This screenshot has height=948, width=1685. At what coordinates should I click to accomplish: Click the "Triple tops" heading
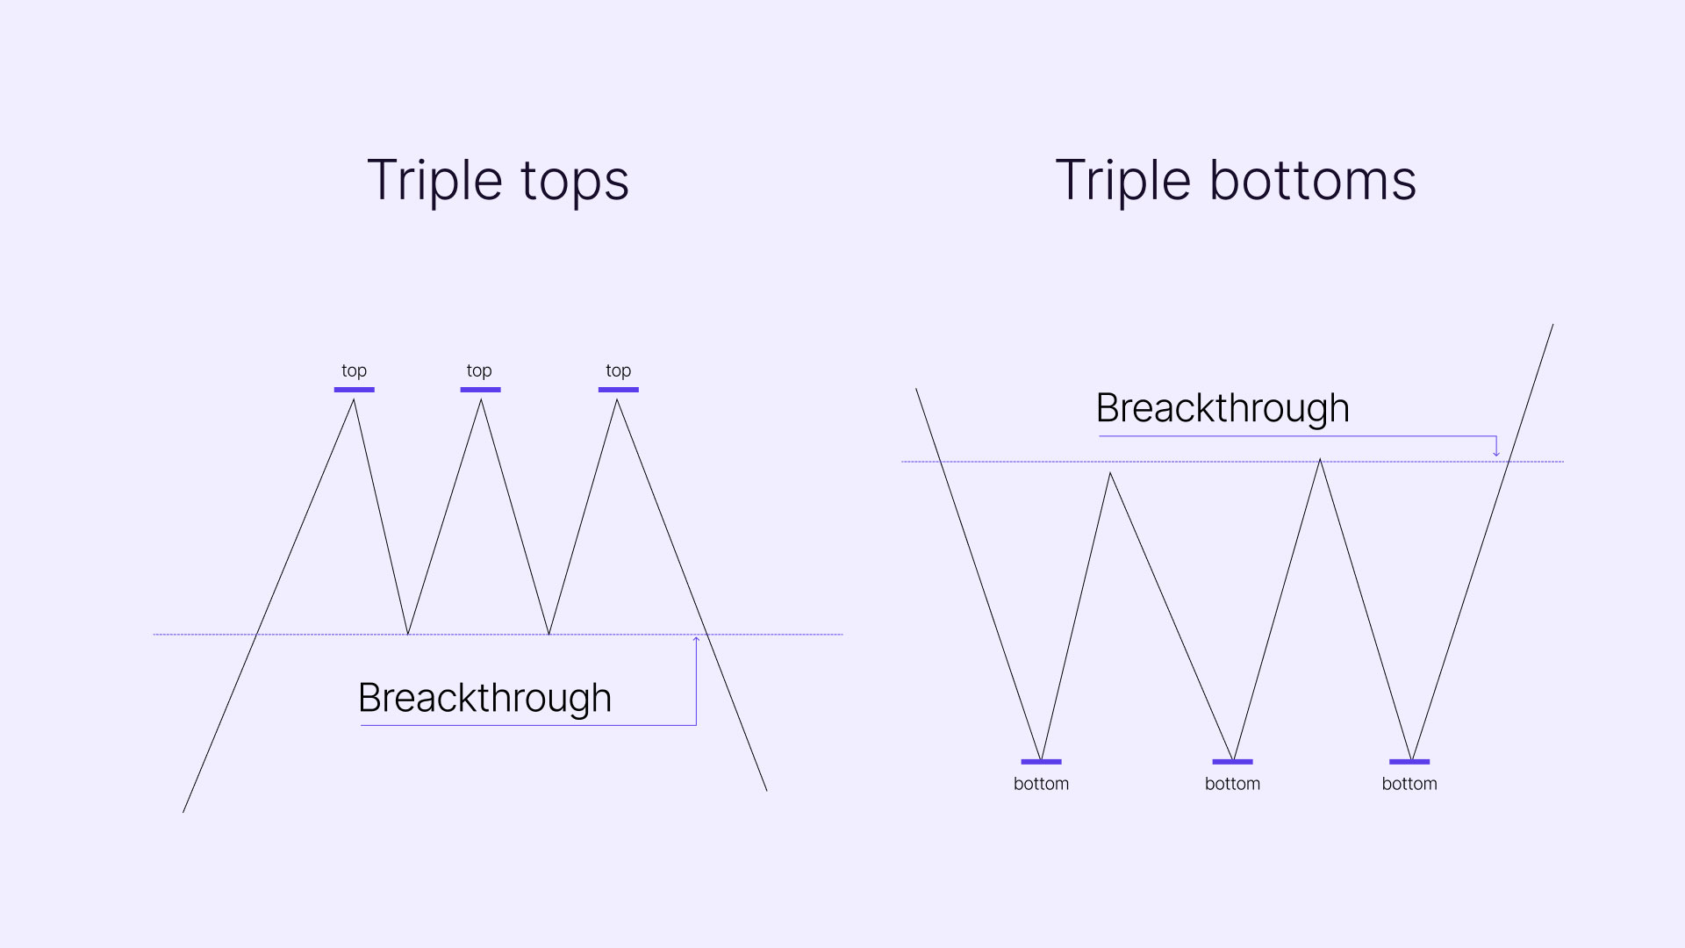[498, 182]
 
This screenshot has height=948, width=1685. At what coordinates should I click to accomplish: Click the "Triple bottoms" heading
[1236, 181]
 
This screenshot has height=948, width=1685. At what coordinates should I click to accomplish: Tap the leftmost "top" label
[354, 370]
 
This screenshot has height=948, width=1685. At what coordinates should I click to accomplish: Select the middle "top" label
[479, 370]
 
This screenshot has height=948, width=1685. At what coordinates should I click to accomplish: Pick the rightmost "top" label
[619, 370]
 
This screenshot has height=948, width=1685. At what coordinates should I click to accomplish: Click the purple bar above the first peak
[354, 390]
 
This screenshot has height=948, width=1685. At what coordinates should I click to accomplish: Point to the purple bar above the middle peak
[480, 390]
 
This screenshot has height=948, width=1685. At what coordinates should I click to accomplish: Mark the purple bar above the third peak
[619, 390]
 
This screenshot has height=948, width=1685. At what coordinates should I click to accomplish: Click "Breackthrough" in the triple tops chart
[484, 699]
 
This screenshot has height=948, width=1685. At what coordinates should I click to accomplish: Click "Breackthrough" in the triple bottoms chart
[1223, 408]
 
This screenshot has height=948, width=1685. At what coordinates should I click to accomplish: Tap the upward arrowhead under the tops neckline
[696, 639]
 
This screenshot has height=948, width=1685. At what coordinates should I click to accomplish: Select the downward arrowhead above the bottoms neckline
[1496, 453]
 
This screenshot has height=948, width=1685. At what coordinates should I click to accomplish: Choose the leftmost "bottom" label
[1041, 784]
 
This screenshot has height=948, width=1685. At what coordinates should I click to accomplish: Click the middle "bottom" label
[1232, 784]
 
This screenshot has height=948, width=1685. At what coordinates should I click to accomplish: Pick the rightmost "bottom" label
[1409, 784]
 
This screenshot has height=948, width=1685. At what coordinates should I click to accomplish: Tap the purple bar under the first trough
[1041, 762]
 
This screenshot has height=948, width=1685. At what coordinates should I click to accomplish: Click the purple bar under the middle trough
[1232, 762]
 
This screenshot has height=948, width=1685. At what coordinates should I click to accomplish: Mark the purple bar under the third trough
[1409, 762]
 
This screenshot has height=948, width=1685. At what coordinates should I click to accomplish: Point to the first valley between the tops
[408, 634]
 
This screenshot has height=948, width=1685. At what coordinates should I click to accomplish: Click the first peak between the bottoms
[1110, 473]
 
